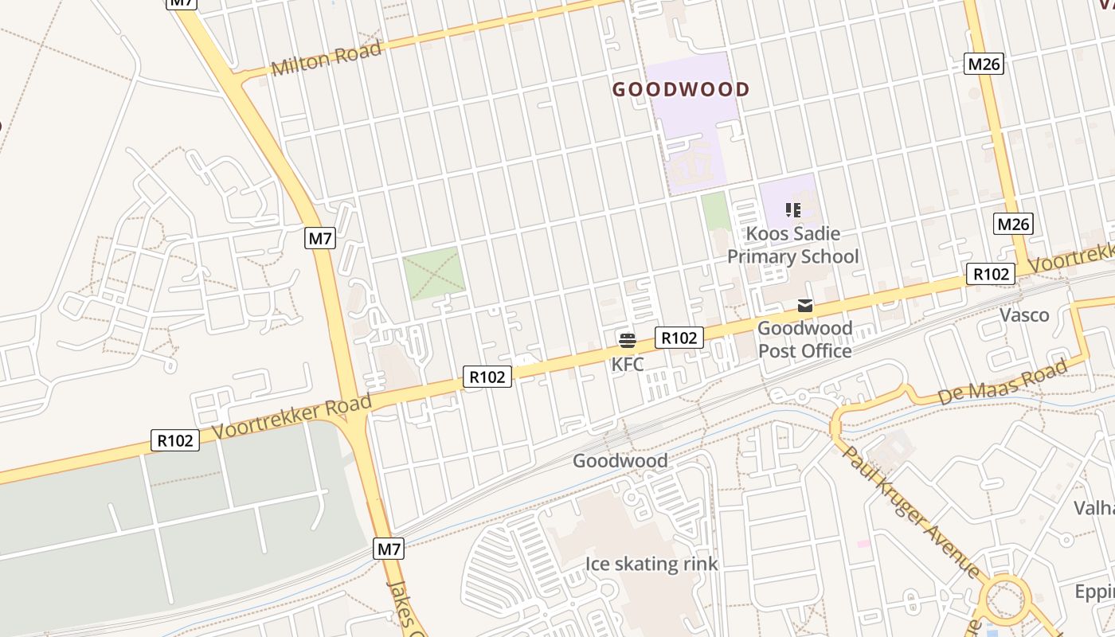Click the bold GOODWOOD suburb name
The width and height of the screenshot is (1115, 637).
point(681,89)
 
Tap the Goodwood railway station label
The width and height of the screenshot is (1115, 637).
point(620,461)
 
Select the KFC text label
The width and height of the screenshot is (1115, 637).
point(628,365)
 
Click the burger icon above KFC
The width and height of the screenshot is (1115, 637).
point(628,342)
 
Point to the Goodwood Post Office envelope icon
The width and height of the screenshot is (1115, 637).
point(805,306)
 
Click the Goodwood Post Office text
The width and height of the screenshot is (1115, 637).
point(804,339)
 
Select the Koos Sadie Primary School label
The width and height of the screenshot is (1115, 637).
point(792,245)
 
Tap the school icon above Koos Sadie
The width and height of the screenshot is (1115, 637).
point(792,210)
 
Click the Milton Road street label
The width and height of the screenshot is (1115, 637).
point(327,59)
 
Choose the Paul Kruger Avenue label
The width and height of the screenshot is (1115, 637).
point(912,510)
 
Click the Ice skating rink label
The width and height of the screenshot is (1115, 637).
point(651,565)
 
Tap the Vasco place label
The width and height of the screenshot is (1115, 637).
point(1024,315)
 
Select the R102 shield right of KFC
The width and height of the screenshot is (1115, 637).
point(679,338)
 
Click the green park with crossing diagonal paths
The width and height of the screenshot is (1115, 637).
point(433,273)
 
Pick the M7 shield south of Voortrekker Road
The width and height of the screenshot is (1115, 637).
point(389,549)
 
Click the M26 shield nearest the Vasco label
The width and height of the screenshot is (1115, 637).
point(1013,225)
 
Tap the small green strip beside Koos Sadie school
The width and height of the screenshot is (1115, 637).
point(716,211)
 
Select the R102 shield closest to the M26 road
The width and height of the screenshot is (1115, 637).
point(991,274)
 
